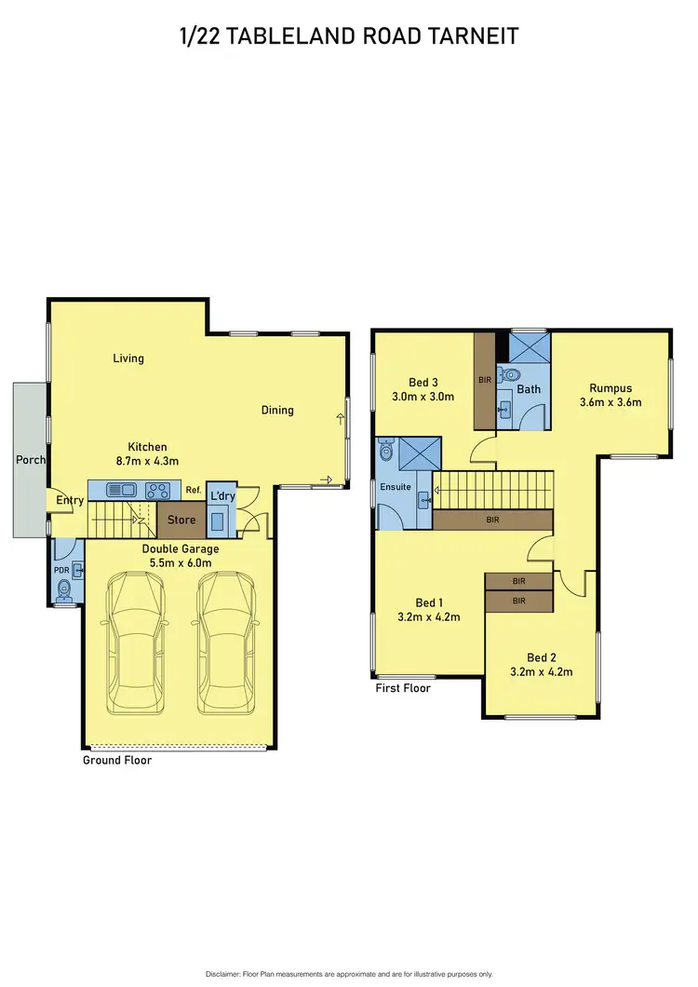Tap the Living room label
point(128,358)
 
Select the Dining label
point(277,410)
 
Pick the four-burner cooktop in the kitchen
point(157,489)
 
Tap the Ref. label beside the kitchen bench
point(194,490)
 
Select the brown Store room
point(181,520)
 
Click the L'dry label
point(223,495)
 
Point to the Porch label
point(31,460)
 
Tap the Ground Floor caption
point(116,761)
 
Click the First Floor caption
point(403,689)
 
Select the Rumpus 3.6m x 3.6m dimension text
point(611,402)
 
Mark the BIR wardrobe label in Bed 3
point(484,381)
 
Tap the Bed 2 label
point(541,656)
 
